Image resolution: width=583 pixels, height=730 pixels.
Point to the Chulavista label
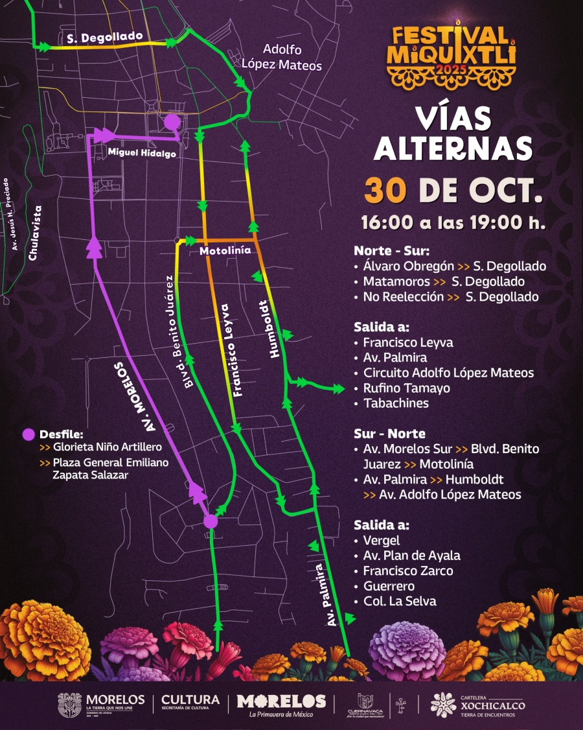click(x=35, y=233)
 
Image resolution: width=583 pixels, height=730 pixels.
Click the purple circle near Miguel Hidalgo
click(x=172, y=122)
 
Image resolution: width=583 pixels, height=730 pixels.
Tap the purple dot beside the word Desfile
click(x=28, y=434)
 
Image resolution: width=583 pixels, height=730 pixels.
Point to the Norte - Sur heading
click(x=391, y=251)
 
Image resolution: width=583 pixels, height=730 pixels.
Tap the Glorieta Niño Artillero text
click(x=108, y=447)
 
